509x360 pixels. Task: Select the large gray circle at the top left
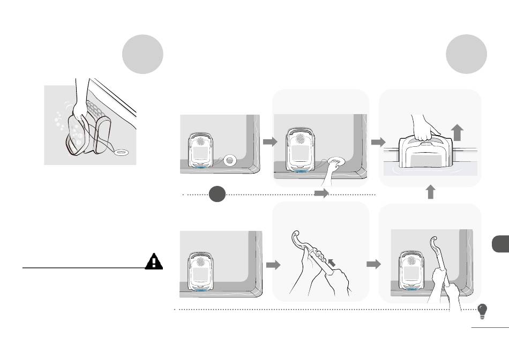(x=143, y=54)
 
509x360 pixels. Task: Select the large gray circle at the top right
(x=467, y=54)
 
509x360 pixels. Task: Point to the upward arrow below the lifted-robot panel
(x=430, y=192)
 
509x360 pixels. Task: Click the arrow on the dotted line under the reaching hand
(x=321, y=194)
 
